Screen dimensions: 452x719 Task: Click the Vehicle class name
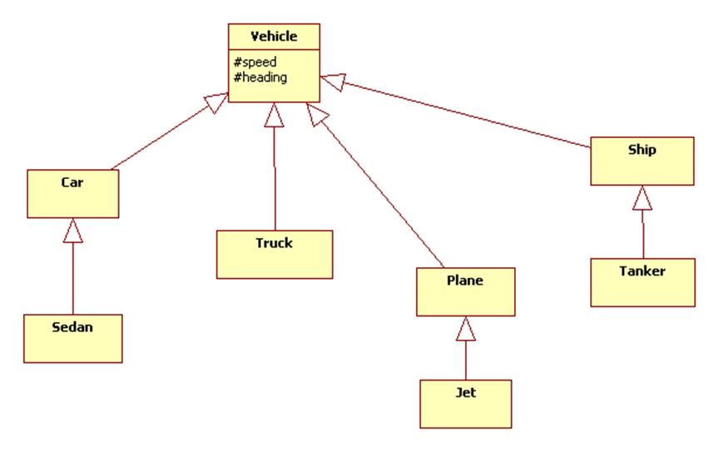click(x=274, y=37)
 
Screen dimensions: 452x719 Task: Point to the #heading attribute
click(x=260, y=77)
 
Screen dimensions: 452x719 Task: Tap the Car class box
click(x=72, y=193)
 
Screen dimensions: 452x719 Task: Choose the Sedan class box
click(x=72, y=338)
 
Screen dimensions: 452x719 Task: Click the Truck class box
click(x=274, y=254)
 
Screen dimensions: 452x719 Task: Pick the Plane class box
click(x=465, y=291)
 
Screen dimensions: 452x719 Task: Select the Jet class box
click(x=465, y=404)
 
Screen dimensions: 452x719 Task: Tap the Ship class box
click(x=642, y=161)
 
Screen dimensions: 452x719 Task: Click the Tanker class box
click(x=642, y=282)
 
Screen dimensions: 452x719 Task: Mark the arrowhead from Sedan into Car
click(x=73, y=229)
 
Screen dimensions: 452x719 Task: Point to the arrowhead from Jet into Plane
click(x=465, y=329)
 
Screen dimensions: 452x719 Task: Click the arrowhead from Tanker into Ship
click(x=642, y=197)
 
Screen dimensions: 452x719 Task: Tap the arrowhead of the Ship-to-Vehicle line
click(x=332, y=82)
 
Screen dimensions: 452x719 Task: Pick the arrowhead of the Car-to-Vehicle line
click(x=216, y=103)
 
